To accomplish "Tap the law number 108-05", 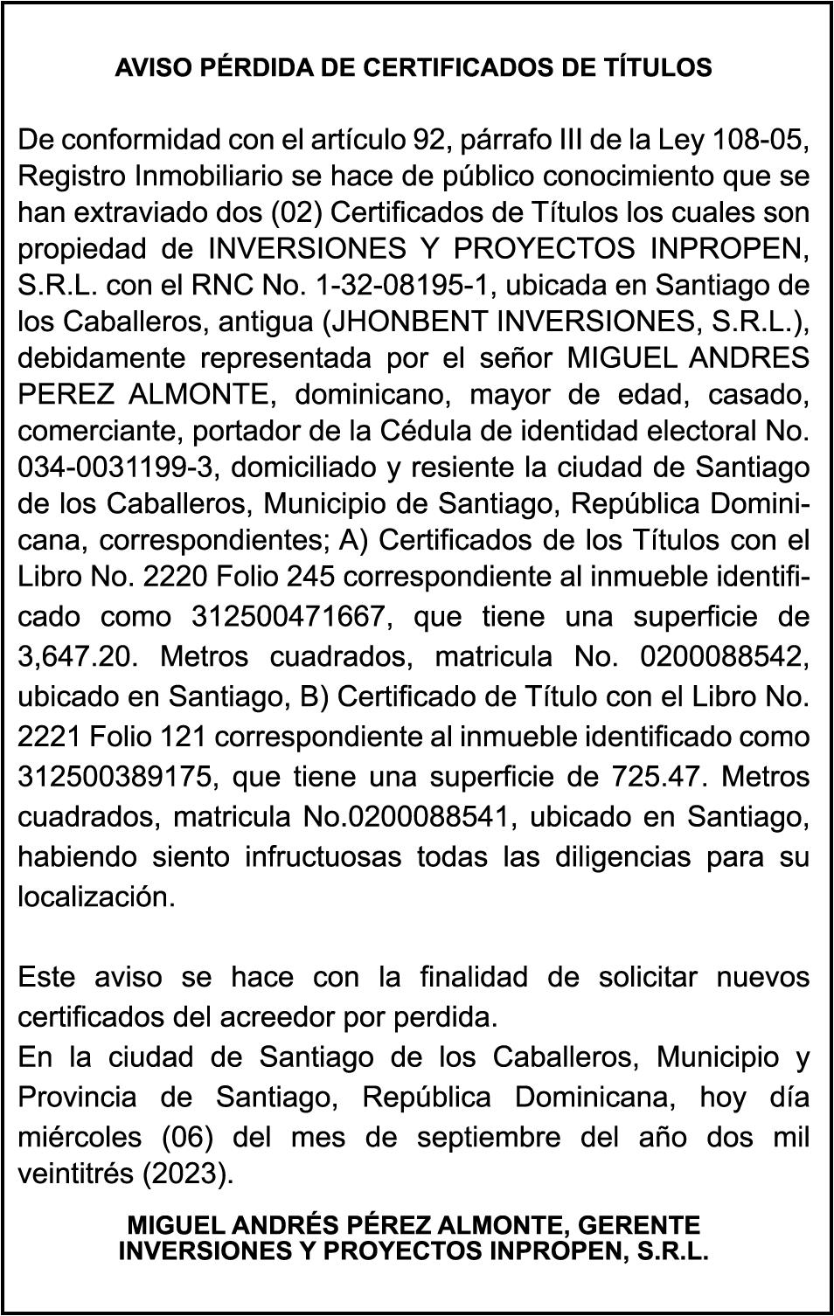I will click(x=763, y=139).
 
